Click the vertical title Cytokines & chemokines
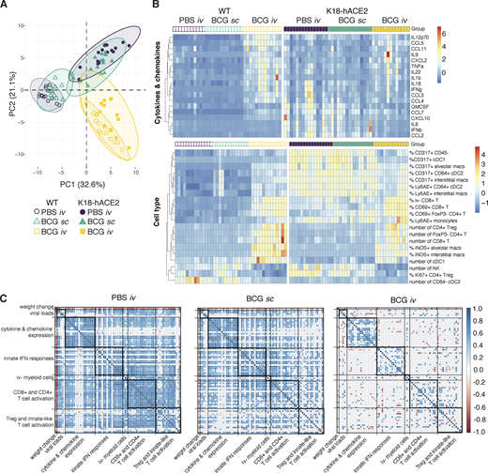[154, 84]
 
